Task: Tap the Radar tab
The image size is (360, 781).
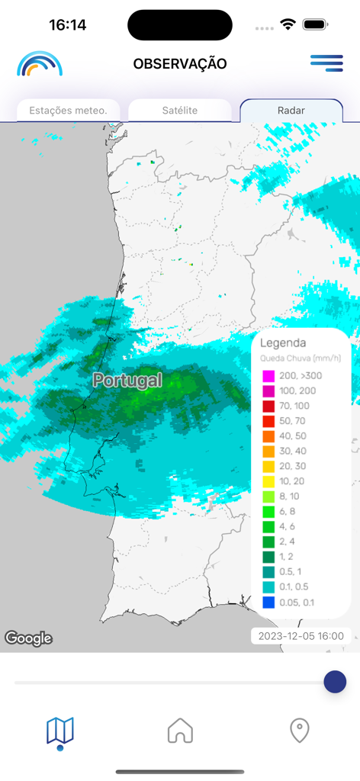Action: (x=291, y=111)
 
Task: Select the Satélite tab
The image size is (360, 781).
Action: (x=180, y=111)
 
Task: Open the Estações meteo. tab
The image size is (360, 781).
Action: (x=69, y=111)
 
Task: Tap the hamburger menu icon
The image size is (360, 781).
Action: (x=326, y=63)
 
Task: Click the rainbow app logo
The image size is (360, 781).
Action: (x=40, y=64)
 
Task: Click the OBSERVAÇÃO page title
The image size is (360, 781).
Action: (x=180, y=64)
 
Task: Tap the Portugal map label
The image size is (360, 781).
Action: (x=127, y=380)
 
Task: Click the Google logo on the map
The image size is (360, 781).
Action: (x=28, y=638)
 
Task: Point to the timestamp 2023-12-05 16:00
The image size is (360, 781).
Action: (x=301, y=635)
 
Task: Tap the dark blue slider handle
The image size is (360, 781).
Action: (x=335, y=682)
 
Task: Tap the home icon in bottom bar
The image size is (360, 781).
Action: (x=180, y=731)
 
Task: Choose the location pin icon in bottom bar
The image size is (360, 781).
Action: (x=300, y=731)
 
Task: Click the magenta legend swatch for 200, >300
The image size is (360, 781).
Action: (x=268, y=376)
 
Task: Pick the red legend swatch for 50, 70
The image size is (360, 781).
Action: (x=268, y=421)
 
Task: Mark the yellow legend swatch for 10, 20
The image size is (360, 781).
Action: (x=268, y=481)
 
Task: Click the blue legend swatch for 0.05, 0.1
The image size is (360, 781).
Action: (x=268, y=603)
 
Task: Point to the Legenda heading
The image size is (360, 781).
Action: (x=283, y=343)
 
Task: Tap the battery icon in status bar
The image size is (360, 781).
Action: (x=315, y=24)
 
